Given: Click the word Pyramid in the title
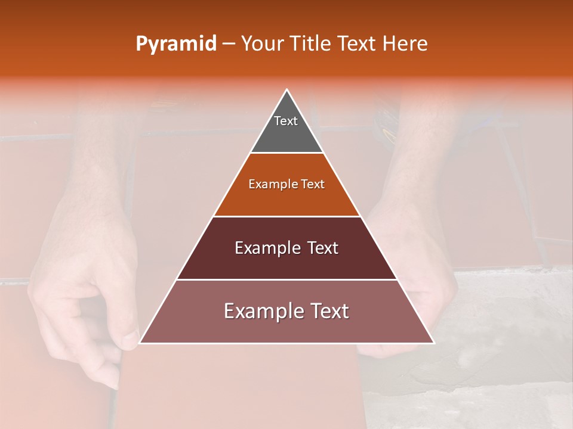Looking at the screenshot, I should tap(176, 44).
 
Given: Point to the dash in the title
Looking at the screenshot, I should tap(229, 44).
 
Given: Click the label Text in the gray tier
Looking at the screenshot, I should tap(286, 121).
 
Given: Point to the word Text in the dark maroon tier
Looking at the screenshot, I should tap(322, 248).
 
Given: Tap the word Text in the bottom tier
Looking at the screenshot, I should tap(329, 311).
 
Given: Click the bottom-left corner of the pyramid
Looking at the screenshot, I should tap(140, 343).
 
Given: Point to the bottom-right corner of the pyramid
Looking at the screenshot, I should tap(434, 343).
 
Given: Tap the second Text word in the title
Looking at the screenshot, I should tap(359, 43).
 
